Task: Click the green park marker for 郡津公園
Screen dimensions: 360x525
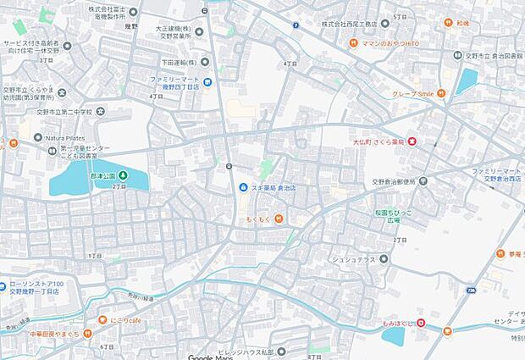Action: pyautogui.click(x=123, y=175)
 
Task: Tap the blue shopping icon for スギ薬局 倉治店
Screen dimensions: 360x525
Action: pyautogui.click(x=244, y=187)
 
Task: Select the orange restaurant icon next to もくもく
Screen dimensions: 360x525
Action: pyautogui.click(x=278, y=220)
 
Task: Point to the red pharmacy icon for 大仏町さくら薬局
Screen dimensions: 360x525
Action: pyautogui.click(x=412, y=141)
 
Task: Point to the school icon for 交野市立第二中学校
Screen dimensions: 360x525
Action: pyautogui.click(x=102, y=111)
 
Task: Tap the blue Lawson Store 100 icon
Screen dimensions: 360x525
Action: pyautogui.click(x=5, y=285)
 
